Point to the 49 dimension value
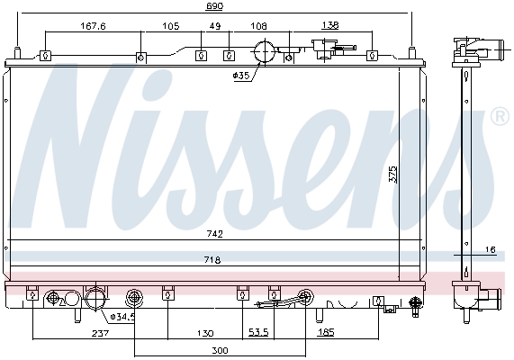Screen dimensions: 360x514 pos(214,26)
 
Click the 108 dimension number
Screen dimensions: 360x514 pos(258,26)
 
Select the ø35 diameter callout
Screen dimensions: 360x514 pos(240,76)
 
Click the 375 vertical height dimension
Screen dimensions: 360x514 pos(392,173)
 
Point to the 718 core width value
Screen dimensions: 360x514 pos(212,259)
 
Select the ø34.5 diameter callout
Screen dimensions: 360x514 pos(122,316)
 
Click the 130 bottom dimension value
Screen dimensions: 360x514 pos(206,333)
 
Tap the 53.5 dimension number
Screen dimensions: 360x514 pos(259,333)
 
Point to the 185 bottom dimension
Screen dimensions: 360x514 pos(326,333)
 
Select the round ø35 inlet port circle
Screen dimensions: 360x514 pos(264,52)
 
